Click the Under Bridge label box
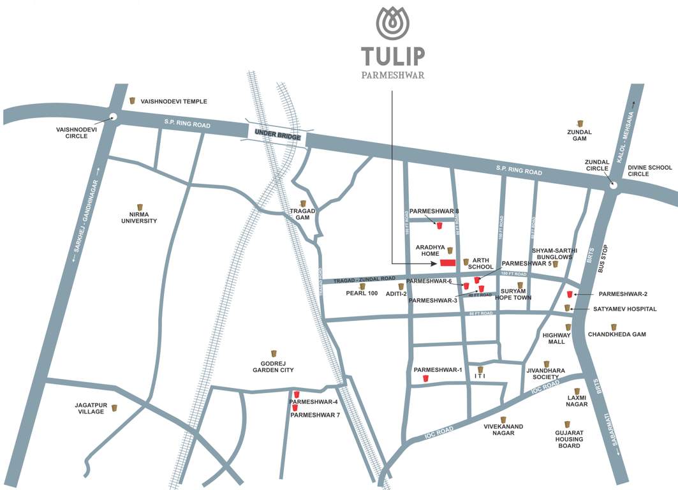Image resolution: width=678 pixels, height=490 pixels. pyautogui.click(x=276, y=133)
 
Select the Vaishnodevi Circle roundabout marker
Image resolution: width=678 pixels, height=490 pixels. pyautogui.click(x=113, y=117)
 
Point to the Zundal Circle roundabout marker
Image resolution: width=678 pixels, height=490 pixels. pyautogui.click(x=613, y=185)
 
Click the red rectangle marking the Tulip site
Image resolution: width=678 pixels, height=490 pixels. pyautogui.click(x=447, y=262)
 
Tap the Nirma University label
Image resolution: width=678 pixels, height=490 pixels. pyautogui.click(x=140, y=218)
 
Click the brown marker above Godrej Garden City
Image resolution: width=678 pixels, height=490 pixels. pyautogui.click(x=274, y=353)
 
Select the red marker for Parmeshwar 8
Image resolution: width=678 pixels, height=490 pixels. pyautogui.click(x=439, y=224)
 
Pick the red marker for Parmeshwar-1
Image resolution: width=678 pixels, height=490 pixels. pyautogui.click(x=425, y=378)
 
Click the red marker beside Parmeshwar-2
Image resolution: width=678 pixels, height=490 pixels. pyautogui.click(x=570, y=294)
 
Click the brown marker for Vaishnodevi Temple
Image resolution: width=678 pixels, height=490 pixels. pyautogui.click(x=132, y=101)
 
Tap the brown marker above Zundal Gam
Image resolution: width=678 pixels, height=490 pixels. pyautogui.click(x=580, y=123)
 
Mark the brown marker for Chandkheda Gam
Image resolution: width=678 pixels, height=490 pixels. pyautogui.click(x=614, y=327)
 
